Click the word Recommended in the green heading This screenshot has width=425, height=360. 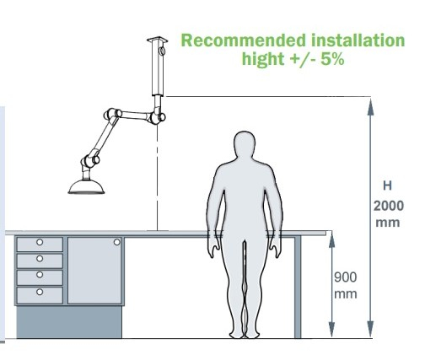click(244, 40)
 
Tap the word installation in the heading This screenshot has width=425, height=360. click(358, 40)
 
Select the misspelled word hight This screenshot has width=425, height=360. click(263, 59)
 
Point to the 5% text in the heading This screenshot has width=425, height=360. click(332, 58)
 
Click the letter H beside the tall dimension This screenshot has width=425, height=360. click(387, 185)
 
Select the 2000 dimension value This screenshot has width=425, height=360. click(389, 206)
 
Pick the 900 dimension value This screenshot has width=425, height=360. click(346, 277)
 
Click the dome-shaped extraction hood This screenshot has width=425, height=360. click(86, 187)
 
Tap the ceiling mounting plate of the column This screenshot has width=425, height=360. click(157, 40)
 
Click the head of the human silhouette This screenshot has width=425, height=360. click(245, 144)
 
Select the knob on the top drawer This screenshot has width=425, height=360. click(40, 242)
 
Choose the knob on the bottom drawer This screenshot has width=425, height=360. click(40, 292)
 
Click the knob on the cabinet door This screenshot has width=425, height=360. click(117, 242)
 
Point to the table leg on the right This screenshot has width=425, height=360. click(298, 287)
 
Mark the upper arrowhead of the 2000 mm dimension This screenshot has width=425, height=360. click(370, 107)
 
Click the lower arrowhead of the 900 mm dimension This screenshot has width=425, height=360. click(331, 329)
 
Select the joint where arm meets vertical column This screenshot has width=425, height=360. click(158, 117)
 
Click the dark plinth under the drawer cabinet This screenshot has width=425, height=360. click(69, 322)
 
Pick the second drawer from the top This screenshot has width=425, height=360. click(40, 261)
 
